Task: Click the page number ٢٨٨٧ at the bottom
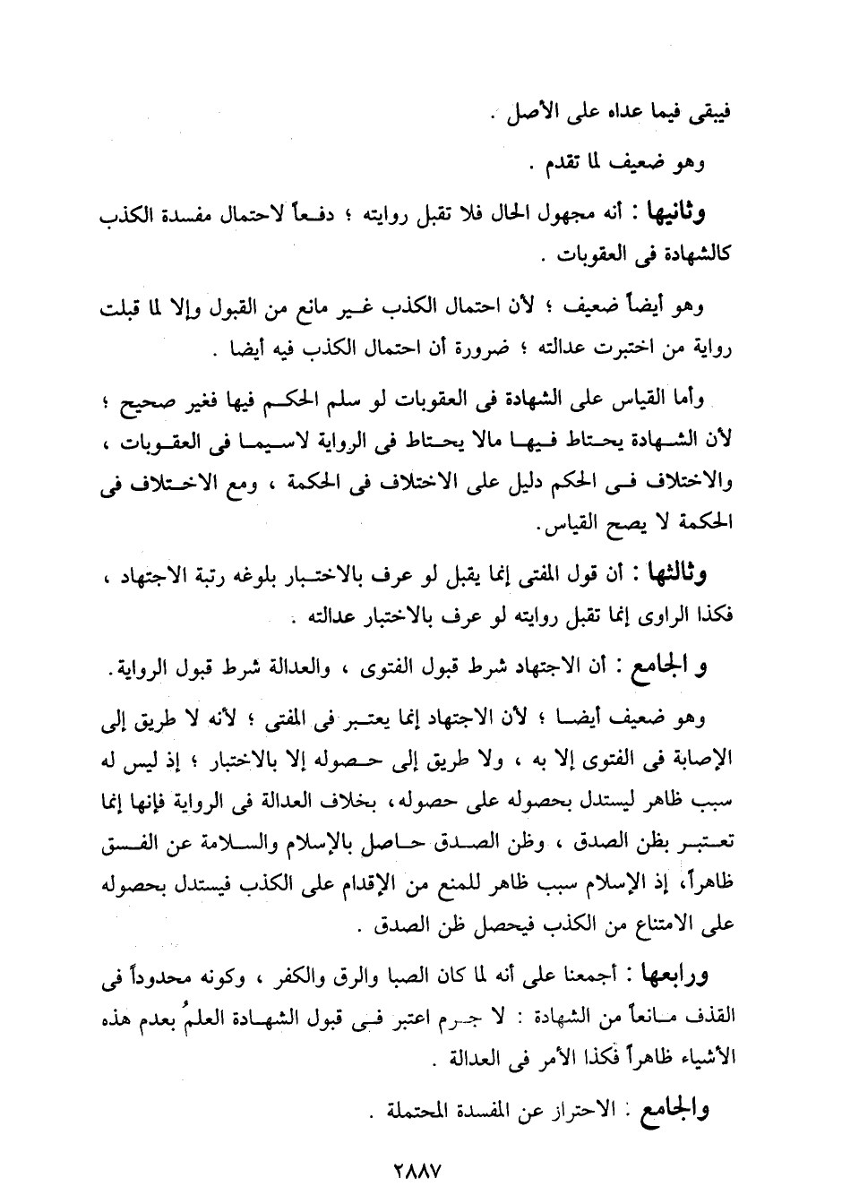419,1169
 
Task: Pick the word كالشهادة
690,255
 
